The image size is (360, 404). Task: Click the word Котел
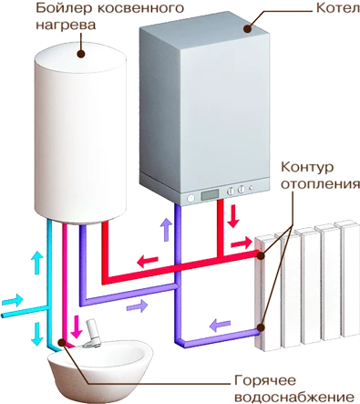[x=338, y=8]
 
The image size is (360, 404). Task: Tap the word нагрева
[x=66, y=25]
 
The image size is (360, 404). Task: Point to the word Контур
[x=307, y=167]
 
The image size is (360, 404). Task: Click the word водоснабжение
[x=295, y=397]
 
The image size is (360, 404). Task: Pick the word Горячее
[x=265, y=380]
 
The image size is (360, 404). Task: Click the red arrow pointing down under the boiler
[x=233, y=216]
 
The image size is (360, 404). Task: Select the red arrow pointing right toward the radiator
[x=242, y=243]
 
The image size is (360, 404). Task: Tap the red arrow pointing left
[x=148, y=261]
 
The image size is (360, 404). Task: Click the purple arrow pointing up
[x=166, y=230]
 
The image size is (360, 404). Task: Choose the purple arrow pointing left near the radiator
[x=220, y=325]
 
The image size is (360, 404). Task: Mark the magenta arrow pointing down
[x=77, y=326]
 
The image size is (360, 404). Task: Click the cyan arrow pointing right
[x=13, y=300]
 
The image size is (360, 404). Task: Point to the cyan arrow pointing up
[x=37, y=263]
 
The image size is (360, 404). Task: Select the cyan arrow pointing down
[x=37, y=335]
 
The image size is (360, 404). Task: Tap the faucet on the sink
[x=91, y=334]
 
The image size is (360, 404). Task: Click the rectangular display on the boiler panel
[x=210, y=195]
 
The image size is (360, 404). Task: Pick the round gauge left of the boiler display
[x=190, y=198]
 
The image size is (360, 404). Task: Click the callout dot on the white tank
[x=81, y=54]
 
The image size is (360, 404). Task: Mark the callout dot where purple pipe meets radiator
[x=261, y=327]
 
